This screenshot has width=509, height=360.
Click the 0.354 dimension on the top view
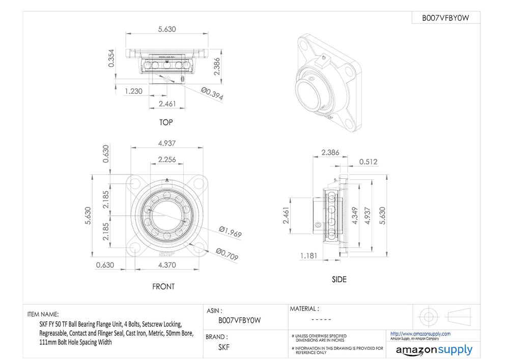111,58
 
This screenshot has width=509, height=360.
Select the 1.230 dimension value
133,91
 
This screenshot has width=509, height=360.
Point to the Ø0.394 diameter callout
212,94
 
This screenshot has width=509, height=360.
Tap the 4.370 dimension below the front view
167,265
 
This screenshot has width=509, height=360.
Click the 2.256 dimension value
167,159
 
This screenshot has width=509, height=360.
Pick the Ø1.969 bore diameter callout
230,232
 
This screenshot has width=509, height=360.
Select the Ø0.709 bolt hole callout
227,254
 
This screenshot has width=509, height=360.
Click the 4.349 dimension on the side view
355,215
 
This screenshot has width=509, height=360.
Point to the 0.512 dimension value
368,161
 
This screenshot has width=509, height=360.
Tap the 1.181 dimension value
308,256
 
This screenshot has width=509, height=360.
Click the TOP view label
166,122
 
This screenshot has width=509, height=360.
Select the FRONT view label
163,287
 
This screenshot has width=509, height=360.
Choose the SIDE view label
339,280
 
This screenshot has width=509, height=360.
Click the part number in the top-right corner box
445,18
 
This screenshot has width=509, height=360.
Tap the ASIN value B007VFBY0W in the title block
240,320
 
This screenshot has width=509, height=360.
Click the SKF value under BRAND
224,347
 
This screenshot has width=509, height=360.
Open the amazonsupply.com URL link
420,334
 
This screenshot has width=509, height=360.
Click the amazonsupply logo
434,350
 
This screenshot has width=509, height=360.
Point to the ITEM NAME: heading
43,314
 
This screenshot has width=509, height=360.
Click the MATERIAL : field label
304,309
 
